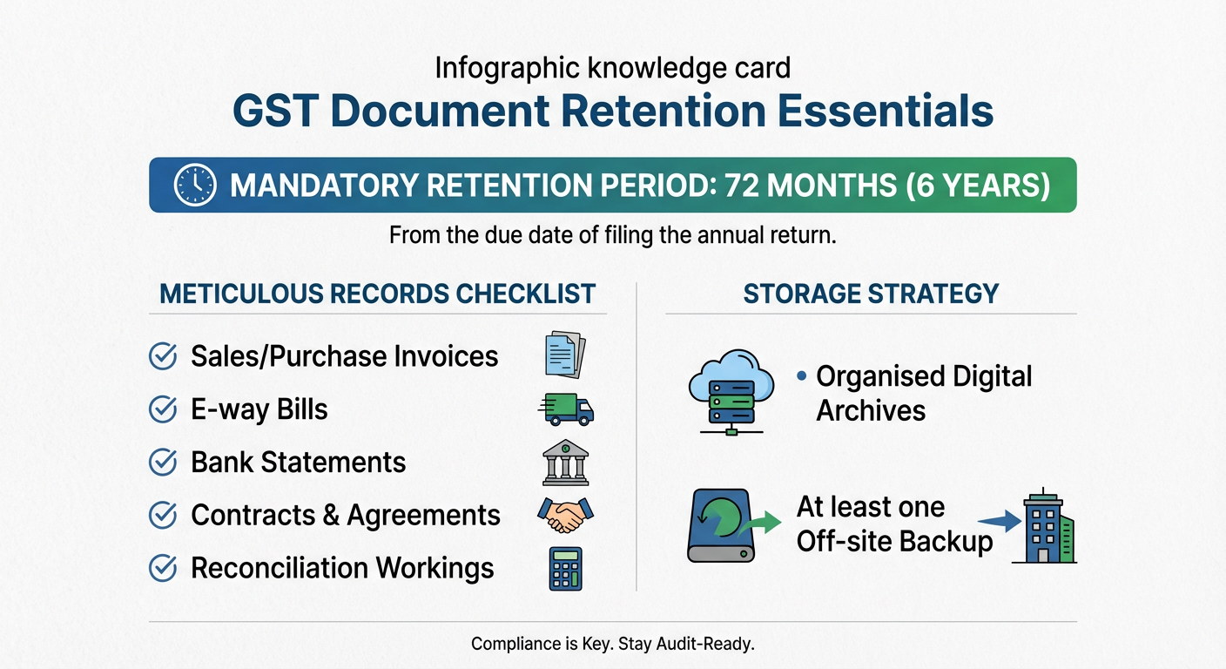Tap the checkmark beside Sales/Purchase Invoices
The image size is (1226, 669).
[x=163, y=356]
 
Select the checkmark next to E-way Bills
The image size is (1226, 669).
[x=163, y=409]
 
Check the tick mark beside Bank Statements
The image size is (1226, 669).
[x=163, y=463]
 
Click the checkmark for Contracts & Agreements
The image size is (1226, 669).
[x=163, y=516]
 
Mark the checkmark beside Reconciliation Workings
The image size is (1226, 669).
[x=163, y=569]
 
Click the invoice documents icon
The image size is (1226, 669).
[x=565, y=354]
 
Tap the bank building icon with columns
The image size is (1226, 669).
[x=565, y=463]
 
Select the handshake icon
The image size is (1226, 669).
[x=565, y=515]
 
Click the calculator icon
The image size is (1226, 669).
[x=565, y=569]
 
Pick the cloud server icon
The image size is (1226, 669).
[x=730, y=391]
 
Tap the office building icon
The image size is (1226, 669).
[x=1043, y=526]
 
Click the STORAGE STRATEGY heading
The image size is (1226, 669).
[x=870, y=294]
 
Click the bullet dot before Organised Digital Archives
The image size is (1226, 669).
[x=800, y=376]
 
